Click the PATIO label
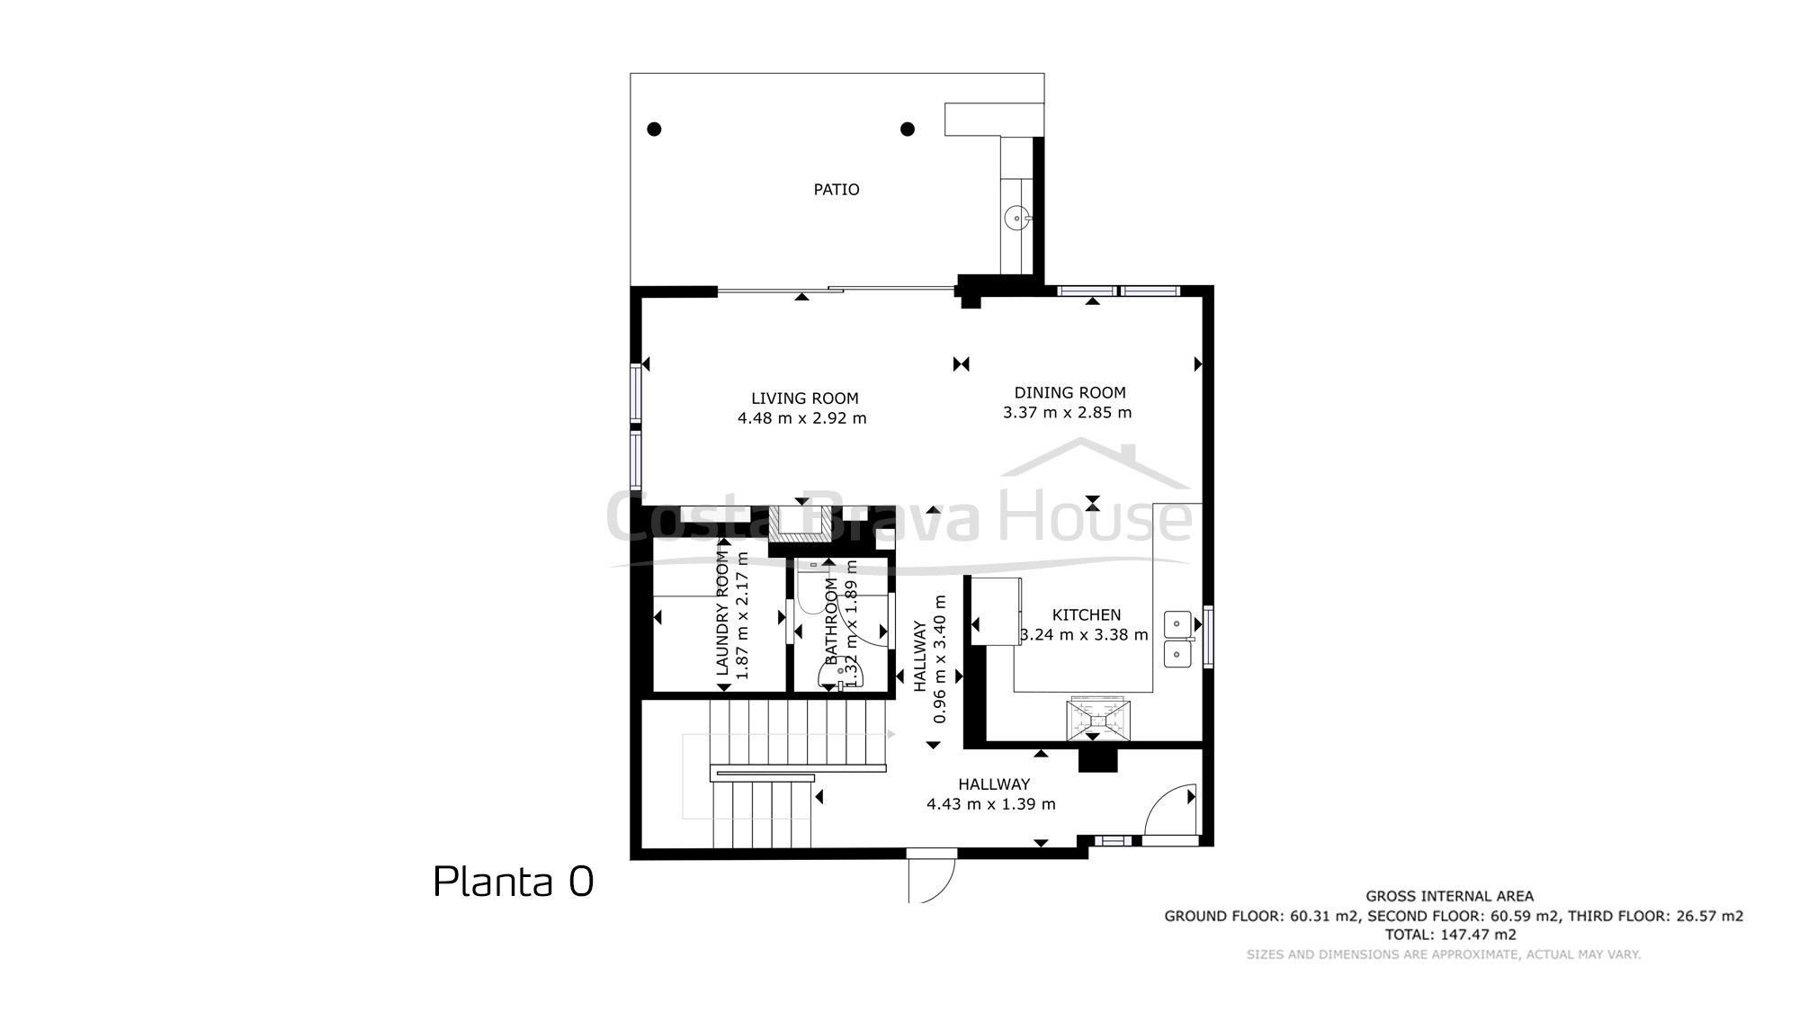point(837,190)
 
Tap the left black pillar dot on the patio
point(655,129)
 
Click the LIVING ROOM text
point(805,399)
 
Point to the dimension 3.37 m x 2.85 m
point(1068,413)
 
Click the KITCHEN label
point(1087,615)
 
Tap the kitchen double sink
point(1177,639)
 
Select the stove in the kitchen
point(1096,720)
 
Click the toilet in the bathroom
point(841,674)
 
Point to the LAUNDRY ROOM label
point(722,613)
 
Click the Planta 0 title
point(514,882)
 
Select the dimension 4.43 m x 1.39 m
point(991,804)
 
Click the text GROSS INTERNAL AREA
point(1449,896)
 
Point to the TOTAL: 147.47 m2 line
point(1450,935)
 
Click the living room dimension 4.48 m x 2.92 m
point(802,418)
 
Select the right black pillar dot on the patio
point(908,129)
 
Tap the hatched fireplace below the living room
point(799,524)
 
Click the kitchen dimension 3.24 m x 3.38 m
point(1085,635)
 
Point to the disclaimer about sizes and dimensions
point(1444,954)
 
